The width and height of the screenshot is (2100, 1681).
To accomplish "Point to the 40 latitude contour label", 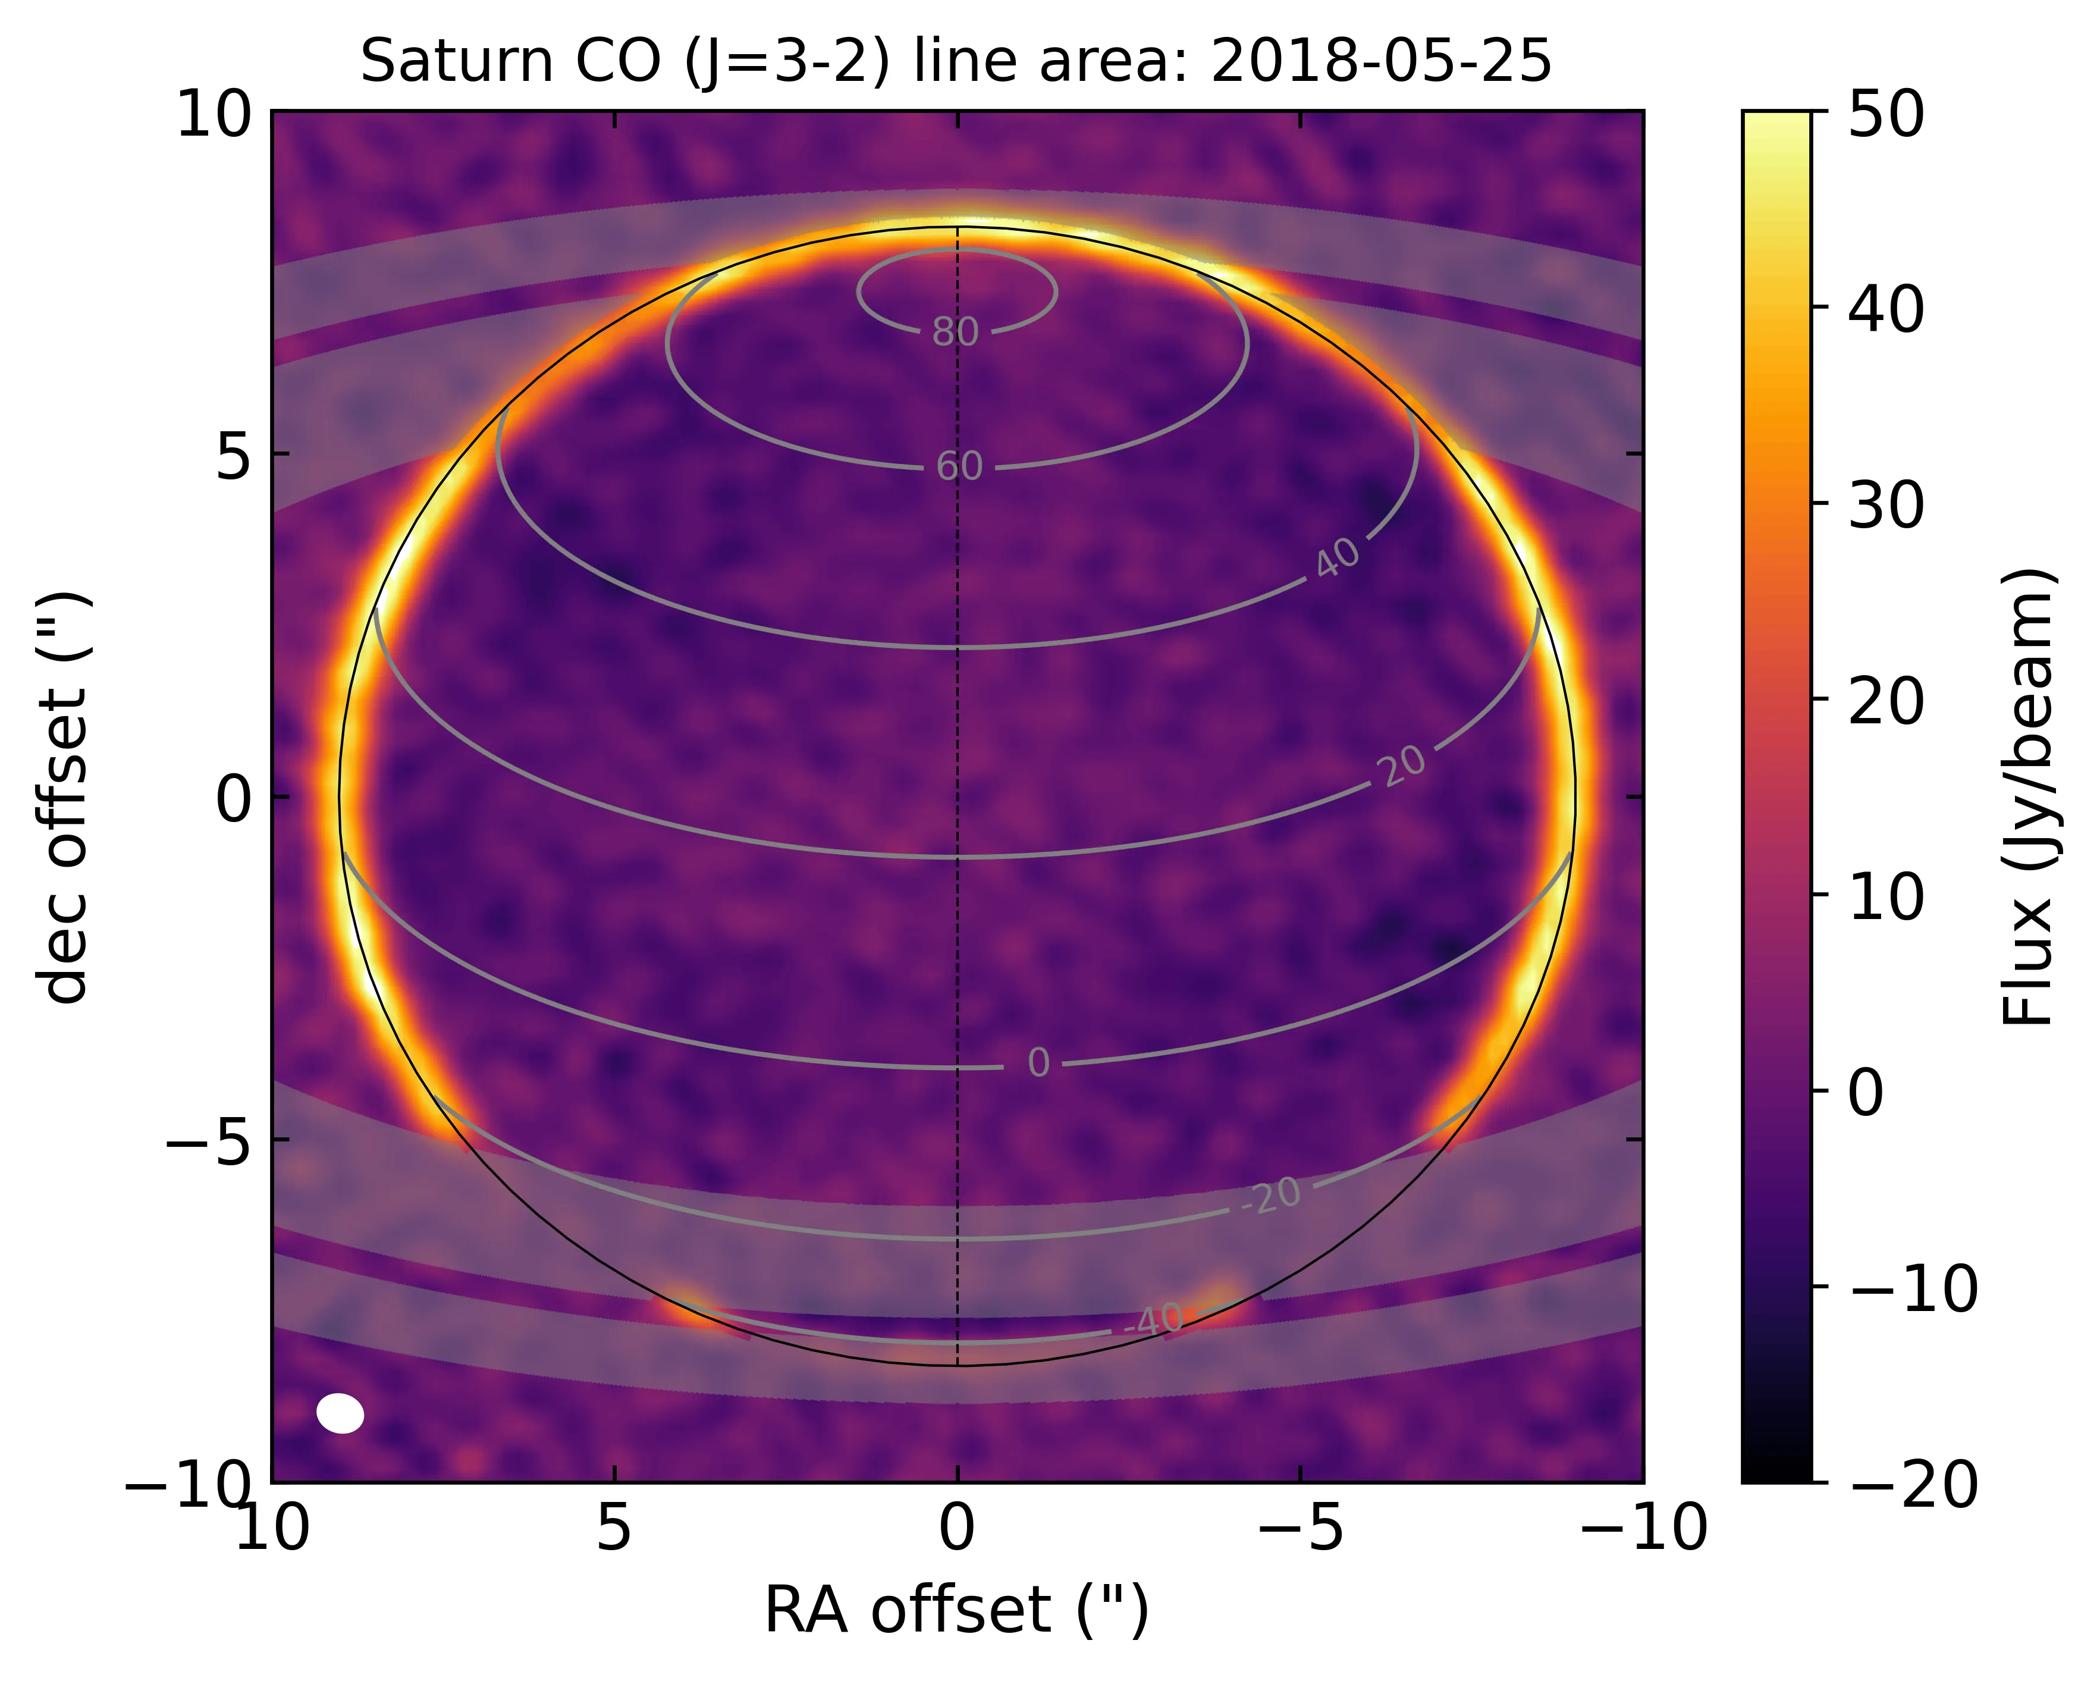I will coord(1338,558).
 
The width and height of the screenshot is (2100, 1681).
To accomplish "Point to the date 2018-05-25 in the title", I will coord(1381,63).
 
